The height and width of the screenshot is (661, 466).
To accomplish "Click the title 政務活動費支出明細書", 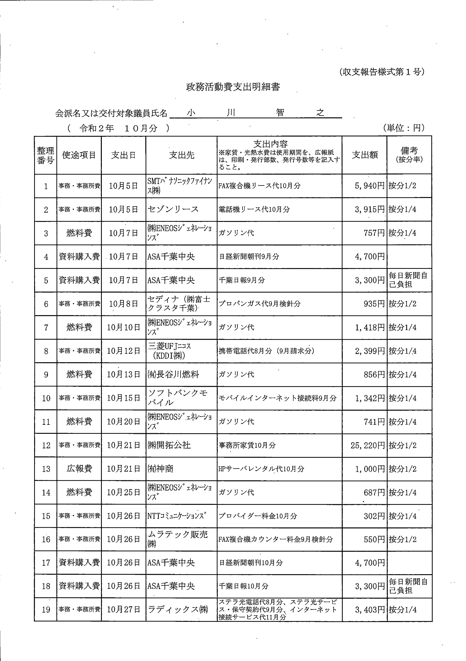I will (x=233, y=87).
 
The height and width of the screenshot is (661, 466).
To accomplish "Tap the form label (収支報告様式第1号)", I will (x=382, y=72).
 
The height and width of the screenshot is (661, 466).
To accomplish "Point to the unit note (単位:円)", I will (x=404, y=128).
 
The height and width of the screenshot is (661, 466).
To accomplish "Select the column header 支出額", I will (x=364, y=155).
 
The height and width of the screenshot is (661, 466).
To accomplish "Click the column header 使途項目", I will (x=79, y=155).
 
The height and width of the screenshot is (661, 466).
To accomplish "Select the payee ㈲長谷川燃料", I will (x=173, y=375).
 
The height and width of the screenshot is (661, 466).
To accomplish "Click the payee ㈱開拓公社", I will (x=169, y=445).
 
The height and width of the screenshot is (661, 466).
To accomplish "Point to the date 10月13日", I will (x=123, y=375).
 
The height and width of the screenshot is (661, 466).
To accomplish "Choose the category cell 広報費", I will (x=79, y=469).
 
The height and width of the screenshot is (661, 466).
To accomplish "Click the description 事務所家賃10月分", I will (x=247, y=445).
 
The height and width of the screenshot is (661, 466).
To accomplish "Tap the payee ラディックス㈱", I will (x=177, y=609).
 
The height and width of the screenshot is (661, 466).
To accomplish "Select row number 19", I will (x=46, y=609).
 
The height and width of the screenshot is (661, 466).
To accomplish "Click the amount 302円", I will (x=374, y=516).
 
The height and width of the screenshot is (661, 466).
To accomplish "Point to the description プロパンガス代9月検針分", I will (x=259, y=304).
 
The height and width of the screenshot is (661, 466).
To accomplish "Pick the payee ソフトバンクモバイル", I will (x=177, y=398).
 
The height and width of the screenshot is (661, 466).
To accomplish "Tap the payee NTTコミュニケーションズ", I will (x=177, y=516).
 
